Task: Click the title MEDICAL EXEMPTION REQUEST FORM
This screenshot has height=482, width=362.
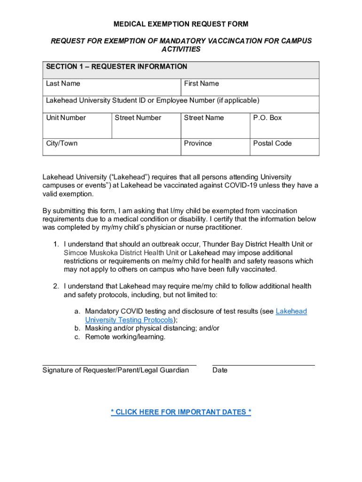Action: [181, 24]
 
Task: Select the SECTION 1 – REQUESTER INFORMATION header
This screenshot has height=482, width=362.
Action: [117, 67]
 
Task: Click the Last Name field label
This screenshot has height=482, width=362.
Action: [63, 84]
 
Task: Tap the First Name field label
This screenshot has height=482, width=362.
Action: [201, 84]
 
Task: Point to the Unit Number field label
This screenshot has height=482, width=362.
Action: [66, 118]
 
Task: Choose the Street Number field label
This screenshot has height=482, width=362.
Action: [138, 118]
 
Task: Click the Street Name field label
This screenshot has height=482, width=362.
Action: [204, 118]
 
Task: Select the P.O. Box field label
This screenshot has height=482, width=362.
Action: [267, 118]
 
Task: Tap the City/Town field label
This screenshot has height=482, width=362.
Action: [62, 143]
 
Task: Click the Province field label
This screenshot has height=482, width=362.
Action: [197, 143]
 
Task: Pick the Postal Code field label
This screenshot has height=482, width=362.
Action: [272, 143]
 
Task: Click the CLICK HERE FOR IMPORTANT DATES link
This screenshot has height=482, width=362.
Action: [181, 412]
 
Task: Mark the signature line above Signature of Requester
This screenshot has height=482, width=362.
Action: [119, 365]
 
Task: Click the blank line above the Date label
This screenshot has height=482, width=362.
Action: [263, 365]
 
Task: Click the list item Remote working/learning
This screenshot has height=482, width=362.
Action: [125, 337]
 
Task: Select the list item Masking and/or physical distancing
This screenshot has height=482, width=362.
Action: [152, 328]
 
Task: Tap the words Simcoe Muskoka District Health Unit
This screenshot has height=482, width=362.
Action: [121, 253]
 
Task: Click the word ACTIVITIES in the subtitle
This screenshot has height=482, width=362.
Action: [181, 49]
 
